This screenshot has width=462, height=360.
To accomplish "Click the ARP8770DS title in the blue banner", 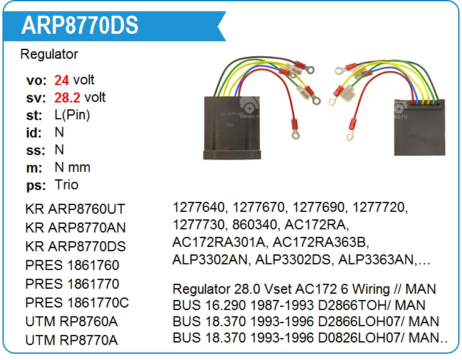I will tap(80, 25).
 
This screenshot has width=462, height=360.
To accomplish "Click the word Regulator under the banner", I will tap(49, 54).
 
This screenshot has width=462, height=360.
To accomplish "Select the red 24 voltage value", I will tap(62, 80).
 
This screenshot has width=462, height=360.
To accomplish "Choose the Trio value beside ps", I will tap(67, 185).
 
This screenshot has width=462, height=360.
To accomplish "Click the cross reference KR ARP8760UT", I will tap(76, 209).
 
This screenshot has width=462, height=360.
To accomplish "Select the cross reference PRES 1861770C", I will tap(77, 303).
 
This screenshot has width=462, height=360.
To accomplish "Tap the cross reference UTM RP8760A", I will tap(72, 322).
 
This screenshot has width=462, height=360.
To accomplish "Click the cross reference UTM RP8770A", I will tap(72, 341).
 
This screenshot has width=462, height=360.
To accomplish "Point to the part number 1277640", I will tap(198, 207).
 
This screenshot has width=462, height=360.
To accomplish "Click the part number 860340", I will tap(258, 224).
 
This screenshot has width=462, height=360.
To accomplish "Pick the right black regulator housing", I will tap(417, 127).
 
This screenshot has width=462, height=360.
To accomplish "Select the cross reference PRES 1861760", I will tap(72, 266).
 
